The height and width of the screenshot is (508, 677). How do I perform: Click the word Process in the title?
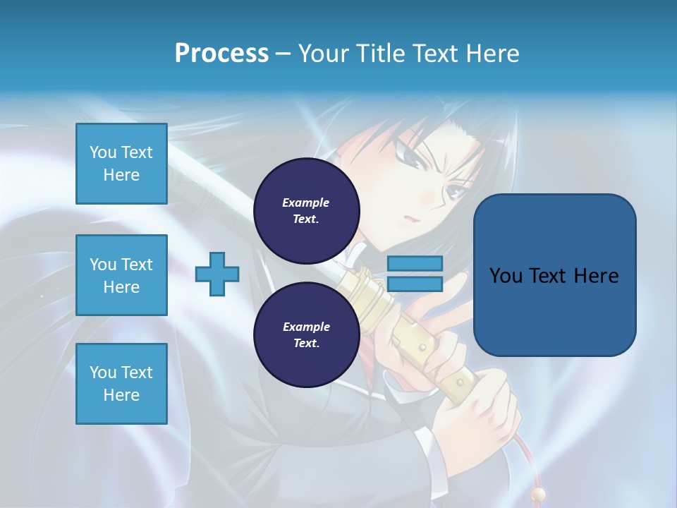tap(221, 54)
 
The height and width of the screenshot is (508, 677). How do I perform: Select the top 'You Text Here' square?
tap(121, 164)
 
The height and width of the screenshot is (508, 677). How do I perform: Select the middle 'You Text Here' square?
tap(121, 275)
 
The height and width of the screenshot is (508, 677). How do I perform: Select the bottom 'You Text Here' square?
tap(121, 384)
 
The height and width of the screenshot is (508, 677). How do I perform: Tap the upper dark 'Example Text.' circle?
tap(306, 210)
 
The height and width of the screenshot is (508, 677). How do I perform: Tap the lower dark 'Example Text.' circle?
tap(306, 334)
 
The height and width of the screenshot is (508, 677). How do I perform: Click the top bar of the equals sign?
tap(415, 264)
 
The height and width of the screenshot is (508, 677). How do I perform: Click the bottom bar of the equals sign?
tap(415, 284)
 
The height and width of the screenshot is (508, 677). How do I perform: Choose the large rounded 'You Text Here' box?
tap(554, 275)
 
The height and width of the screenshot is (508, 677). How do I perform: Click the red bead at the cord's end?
tap(538, 493)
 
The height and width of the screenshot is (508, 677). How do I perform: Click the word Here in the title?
tap(492, 54)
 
